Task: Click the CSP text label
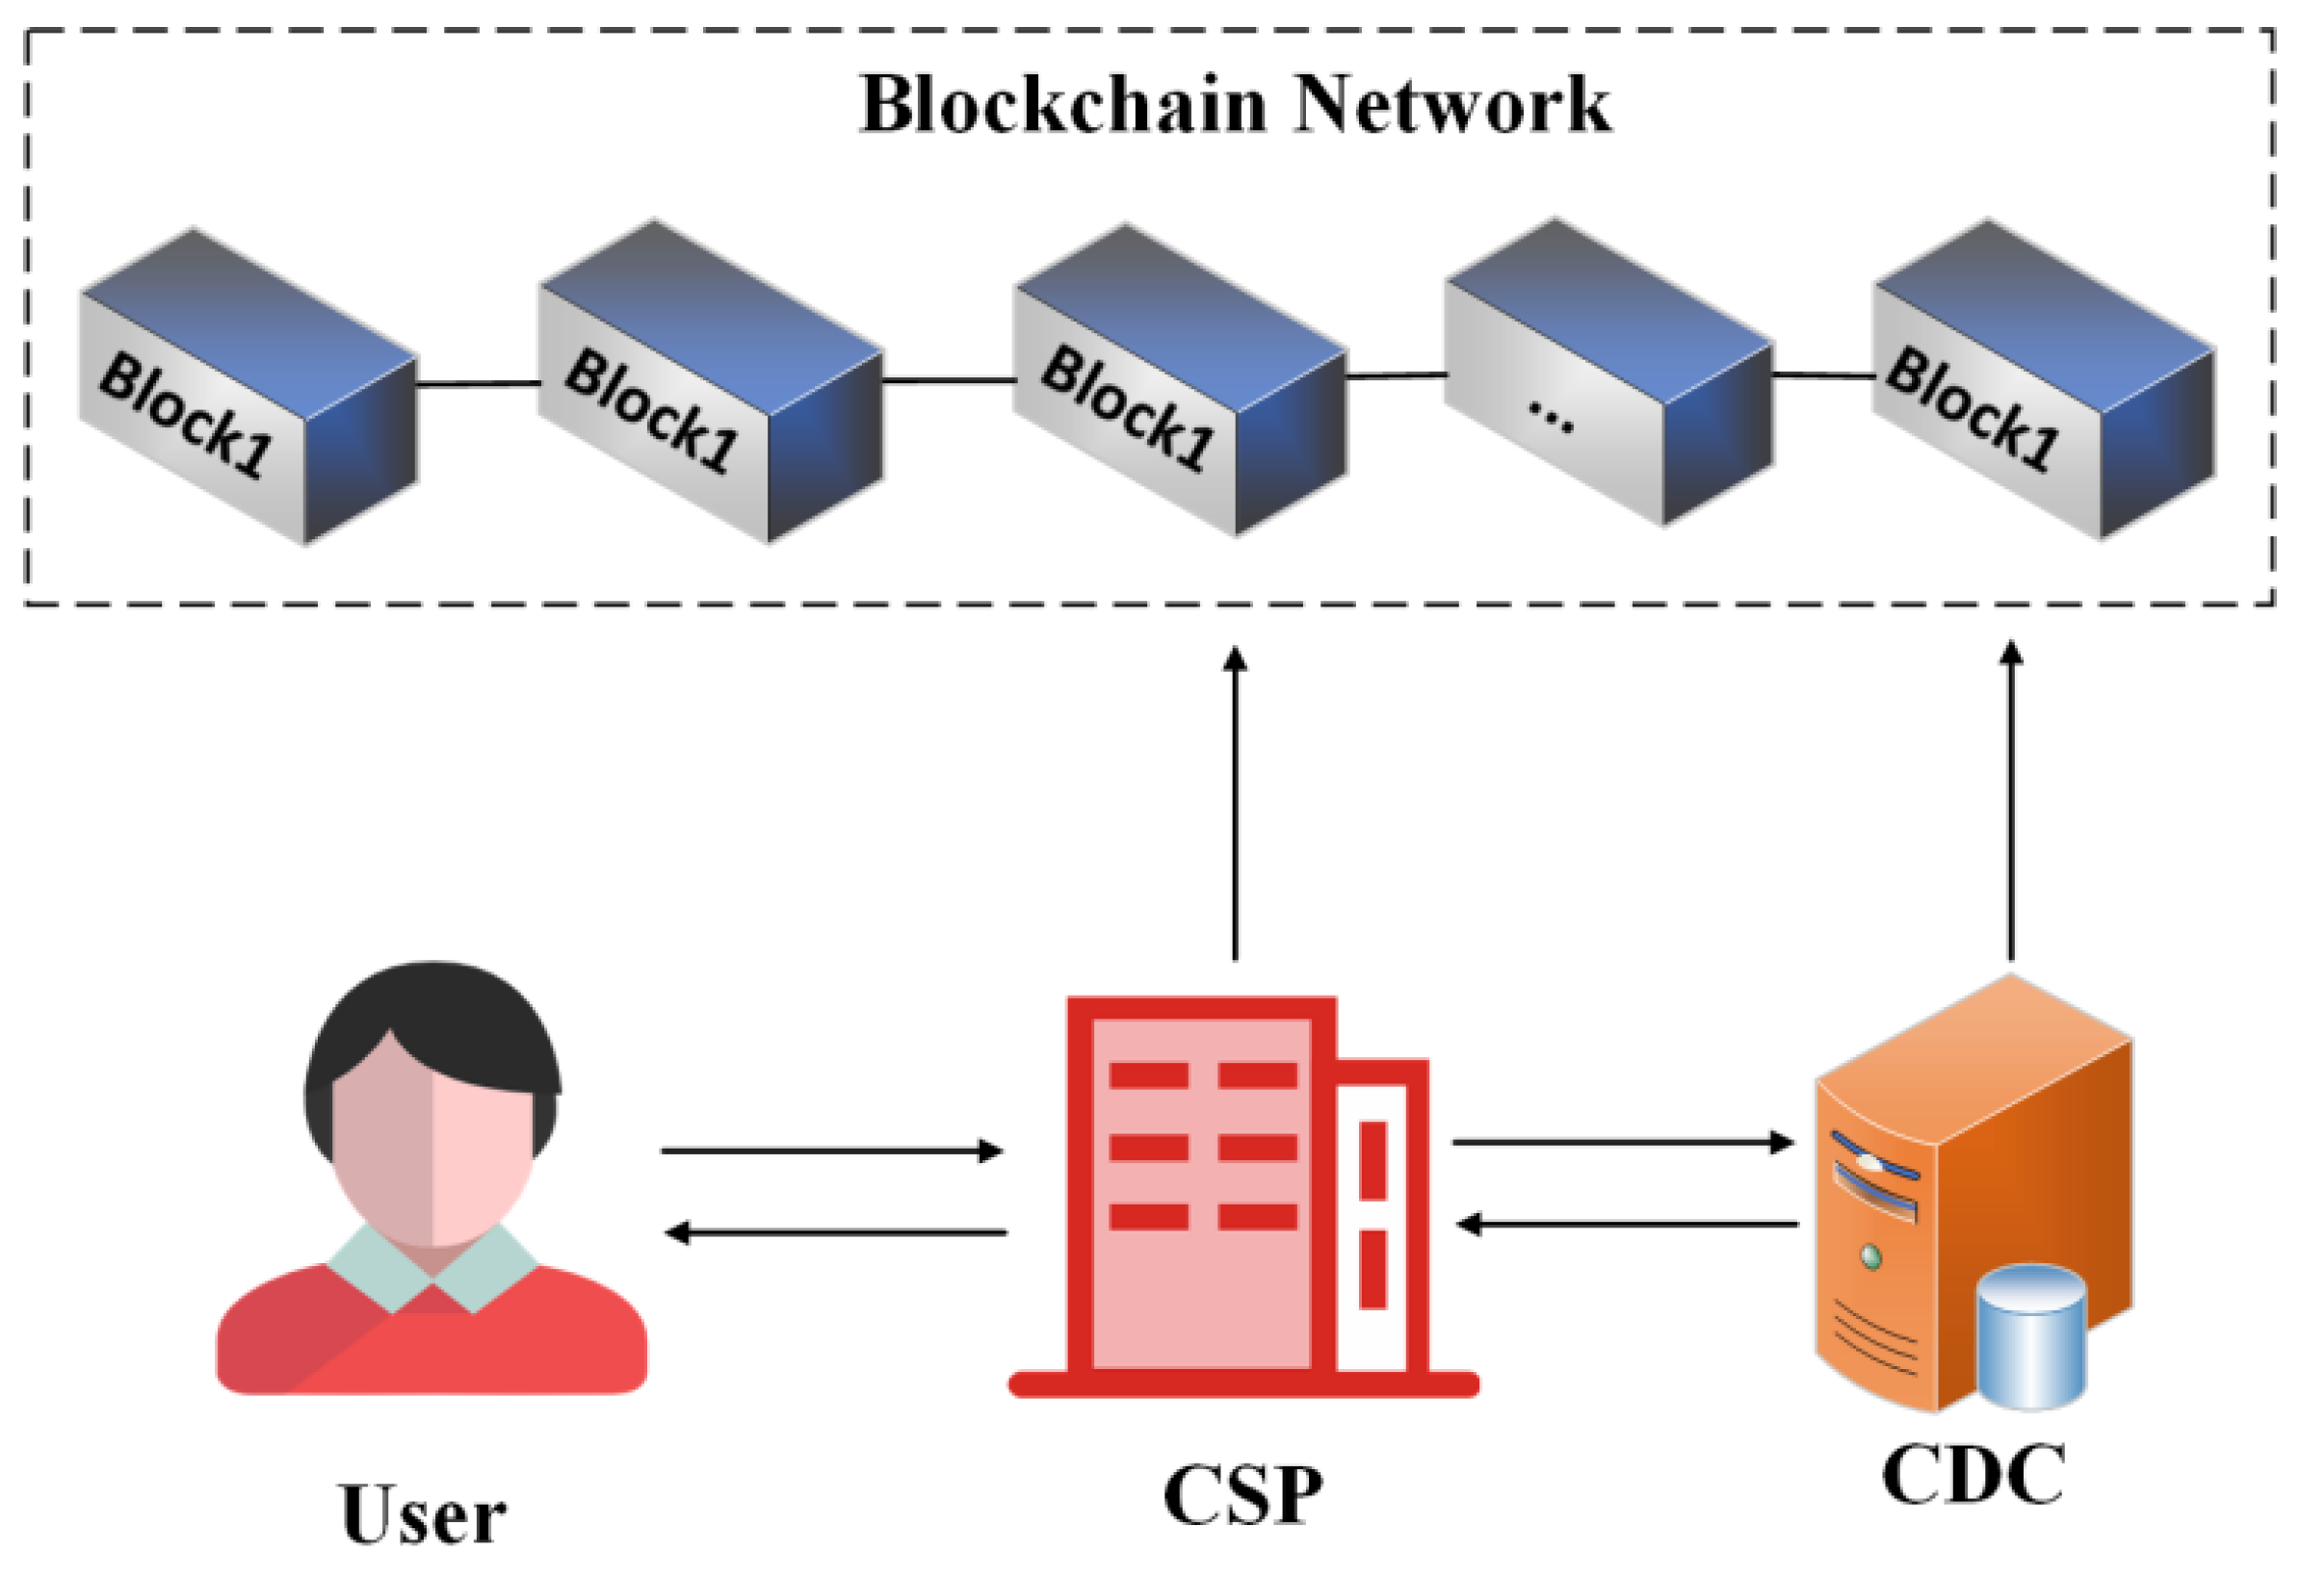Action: point(1242,1495)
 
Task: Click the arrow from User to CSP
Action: point(831,1151)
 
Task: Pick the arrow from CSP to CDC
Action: point(1623,1143)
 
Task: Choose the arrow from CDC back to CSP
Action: point(1628,1225)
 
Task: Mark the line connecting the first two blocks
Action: point(477,384)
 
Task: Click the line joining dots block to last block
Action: point(1822,375)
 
